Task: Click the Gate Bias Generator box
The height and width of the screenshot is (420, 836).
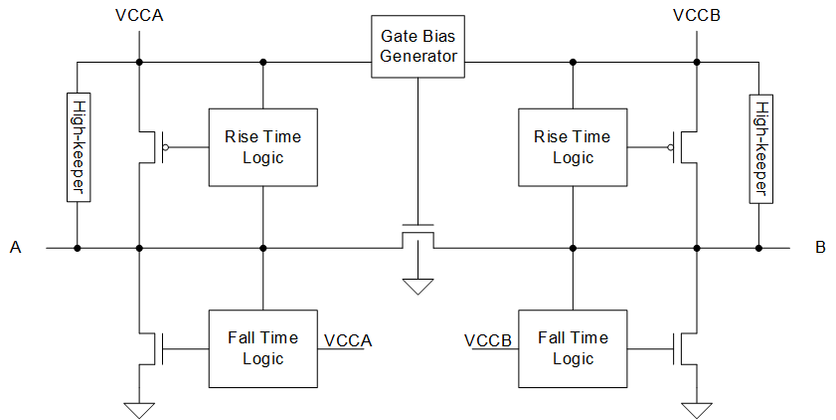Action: (x=418, y=46)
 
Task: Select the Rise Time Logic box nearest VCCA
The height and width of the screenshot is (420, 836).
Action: (x=262, y=146)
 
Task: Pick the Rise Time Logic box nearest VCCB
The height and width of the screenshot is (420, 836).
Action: (x=573, y=146)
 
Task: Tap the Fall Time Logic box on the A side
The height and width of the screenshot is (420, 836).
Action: (x=262, y=348)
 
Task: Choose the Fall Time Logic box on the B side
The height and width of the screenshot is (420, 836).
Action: (x=573, y=348)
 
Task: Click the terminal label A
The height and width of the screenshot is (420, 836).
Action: (x=16, y=247)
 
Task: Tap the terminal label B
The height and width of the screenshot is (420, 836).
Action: (x=820, y=247)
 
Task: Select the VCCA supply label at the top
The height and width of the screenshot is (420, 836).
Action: (x=139, y=16)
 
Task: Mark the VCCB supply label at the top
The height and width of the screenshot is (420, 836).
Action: (x=696, y=16)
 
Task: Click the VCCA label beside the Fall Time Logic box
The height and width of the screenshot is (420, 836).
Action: (x=348, y=340)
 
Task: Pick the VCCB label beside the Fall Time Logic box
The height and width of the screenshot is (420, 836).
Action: (x=488, y=340)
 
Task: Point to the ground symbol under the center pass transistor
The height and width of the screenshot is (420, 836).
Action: (x=418, y=287)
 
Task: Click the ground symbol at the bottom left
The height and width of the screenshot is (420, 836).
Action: (x=139, y=408)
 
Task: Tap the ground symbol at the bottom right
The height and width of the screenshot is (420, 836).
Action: (x=696, y=408)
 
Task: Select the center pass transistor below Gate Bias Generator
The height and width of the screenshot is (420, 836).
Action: (x=418, y=235)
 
